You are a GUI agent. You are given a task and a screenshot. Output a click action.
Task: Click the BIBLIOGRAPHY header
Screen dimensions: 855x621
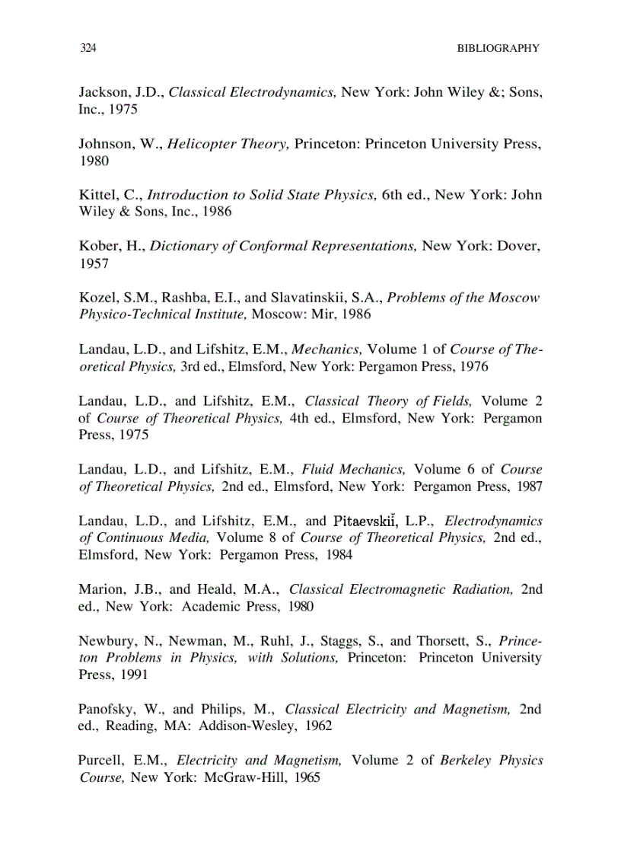[498, 48]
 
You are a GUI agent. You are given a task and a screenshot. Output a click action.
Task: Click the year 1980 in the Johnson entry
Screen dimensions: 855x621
[94, 161]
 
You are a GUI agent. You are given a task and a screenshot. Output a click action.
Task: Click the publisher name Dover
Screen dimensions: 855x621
[517, 246]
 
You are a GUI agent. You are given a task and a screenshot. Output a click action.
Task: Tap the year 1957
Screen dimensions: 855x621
[94, 263]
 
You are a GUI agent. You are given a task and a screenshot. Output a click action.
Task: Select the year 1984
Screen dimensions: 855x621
[339, 555]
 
